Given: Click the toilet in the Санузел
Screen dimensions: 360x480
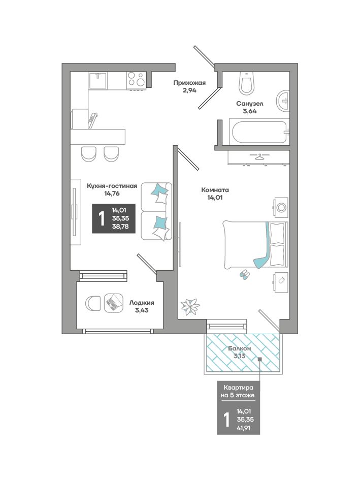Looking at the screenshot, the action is point(247,83).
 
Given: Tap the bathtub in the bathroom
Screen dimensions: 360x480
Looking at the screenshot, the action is point(259,132).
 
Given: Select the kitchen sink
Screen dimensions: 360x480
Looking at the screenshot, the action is point(97,80).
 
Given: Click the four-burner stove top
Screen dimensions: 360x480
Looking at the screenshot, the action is point(136,80).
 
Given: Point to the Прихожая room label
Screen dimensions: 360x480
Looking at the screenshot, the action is point(189,83).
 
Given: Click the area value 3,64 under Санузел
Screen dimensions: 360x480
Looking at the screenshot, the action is point(250,111).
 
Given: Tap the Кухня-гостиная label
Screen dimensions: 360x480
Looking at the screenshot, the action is point(112,186).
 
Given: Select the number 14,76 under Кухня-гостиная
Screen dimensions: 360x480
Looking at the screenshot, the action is point(112,194).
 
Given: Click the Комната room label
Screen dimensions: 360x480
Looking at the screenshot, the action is point(215,190).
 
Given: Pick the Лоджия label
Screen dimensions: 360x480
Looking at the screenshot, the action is point(142,302).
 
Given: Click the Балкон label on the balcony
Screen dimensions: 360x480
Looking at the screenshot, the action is point(239,348).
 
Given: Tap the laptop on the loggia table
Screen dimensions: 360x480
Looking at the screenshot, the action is point(114,303).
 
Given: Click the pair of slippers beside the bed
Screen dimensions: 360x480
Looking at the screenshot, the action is point(245,274).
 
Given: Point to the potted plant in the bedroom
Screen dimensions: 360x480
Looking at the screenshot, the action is point(190,306).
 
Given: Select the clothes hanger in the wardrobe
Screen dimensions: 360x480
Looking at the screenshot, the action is point(259,157).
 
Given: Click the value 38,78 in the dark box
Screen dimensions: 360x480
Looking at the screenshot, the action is point(120,227).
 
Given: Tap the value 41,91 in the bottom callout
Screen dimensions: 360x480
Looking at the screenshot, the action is point(243,428).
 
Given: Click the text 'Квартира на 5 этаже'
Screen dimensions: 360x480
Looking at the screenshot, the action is point(238,391).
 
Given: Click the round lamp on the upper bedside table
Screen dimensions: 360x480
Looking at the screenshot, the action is point(281,208).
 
